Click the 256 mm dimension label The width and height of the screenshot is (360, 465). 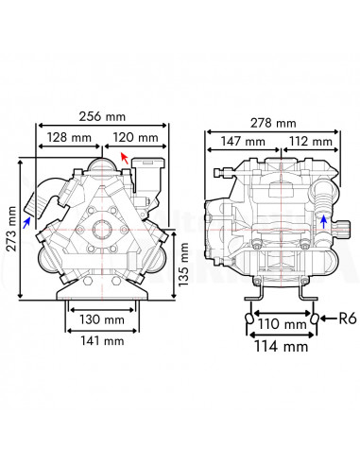(x=102, y=116)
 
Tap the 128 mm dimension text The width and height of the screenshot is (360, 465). (x=69, y=137)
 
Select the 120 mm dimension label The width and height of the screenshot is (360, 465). (x=135, y=137)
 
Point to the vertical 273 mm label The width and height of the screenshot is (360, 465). (x=12, y=229)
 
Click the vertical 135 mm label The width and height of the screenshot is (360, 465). (x=183, y=265)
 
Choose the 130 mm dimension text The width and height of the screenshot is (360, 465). (x=102, y=319)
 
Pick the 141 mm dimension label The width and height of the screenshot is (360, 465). (x=102, y=341)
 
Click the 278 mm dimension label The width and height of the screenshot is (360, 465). (x=273, y=123)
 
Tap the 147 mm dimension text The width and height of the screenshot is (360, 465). (x=243, y=141)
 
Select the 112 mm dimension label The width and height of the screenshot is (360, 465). (x=311, y=141)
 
